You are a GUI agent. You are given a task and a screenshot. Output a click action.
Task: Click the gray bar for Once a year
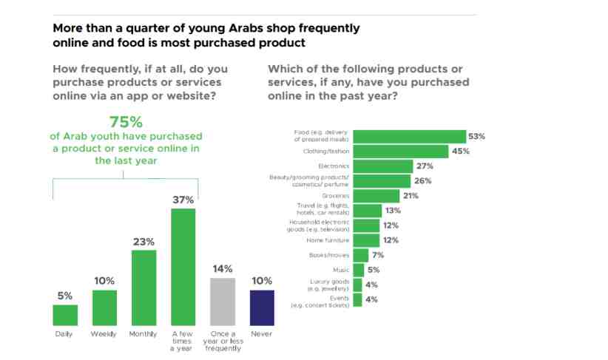pos(223,302)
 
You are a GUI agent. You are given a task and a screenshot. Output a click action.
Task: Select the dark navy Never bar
pos(262,308)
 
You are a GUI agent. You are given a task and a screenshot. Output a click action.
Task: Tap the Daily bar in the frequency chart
pos(65,315)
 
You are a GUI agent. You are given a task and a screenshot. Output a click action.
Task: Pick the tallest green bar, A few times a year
pos(183,267)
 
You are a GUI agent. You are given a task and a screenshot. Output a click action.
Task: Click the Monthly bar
pos(143,288)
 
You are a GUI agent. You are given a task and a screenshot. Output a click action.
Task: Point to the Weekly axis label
pos(104,334)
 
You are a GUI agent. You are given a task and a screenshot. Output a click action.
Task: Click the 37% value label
pos(183,200)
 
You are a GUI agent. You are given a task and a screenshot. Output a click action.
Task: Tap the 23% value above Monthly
pos(143,241)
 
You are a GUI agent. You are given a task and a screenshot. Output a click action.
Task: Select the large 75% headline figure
pos(126,122)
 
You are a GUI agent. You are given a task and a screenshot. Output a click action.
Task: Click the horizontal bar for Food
pos(409,136)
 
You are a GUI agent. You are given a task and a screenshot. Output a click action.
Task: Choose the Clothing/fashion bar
pos(401,151)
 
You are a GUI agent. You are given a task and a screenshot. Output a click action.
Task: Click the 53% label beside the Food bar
pos(476,136)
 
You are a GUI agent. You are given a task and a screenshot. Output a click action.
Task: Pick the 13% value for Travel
pos(393,211)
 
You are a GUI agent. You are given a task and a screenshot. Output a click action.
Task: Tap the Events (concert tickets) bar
pos(357,299)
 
